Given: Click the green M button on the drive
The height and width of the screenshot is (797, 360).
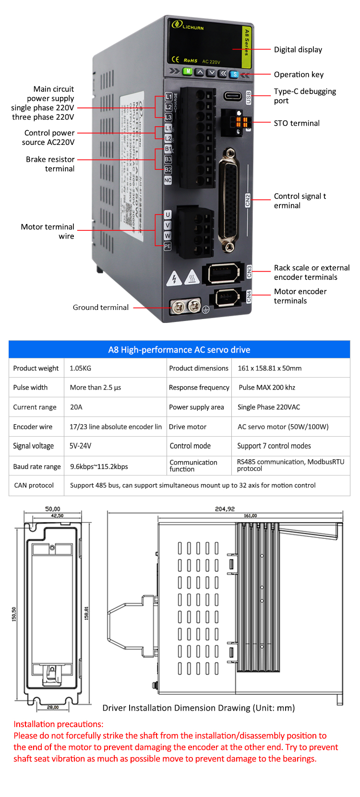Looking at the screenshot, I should pos(188,71).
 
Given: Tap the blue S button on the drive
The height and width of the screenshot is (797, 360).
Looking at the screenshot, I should pos(234,74).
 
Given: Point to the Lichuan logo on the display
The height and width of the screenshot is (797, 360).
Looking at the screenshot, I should pos(188,25).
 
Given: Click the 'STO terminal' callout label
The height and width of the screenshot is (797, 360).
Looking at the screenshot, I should pos(297,123).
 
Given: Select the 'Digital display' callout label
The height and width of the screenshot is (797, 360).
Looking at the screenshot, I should pos(298,50).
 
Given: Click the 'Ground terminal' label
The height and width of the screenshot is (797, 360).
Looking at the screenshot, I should pos(101,308).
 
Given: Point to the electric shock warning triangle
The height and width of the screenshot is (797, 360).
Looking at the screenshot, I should pos(174,278).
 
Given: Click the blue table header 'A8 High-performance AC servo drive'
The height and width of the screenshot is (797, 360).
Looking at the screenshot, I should pos(179,350).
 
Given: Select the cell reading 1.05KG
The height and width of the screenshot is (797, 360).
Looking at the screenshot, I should pos(80,369).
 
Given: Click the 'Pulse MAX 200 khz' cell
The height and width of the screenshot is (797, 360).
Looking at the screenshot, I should pos(267,388).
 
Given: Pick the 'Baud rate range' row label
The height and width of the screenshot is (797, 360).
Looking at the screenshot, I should pos(37,466).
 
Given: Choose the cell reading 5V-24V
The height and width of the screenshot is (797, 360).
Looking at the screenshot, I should pos(80,446).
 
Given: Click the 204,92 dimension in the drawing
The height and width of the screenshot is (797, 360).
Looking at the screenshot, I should pos(225,509).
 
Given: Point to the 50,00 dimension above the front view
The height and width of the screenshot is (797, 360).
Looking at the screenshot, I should pos(52,509).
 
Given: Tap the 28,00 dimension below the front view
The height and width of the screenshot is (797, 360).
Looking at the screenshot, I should pos(53,707).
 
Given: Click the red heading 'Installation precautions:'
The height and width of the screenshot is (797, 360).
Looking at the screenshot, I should pos(59,724).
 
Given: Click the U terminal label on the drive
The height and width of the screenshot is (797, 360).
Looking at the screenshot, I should pos(168,214).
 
